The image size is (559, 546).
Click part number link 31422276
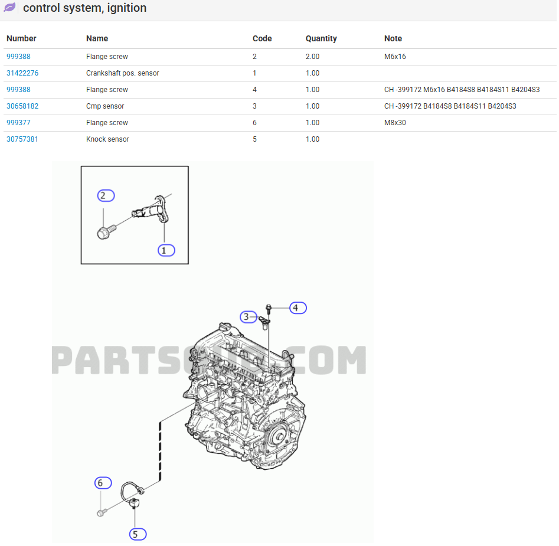[x=22, y=73]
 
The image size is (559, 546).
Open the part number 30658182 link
[x=22, y=106]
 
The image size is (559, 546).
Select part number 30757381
[x=22, y=139]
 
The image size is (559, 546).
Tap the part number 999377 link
[x=18, y=123]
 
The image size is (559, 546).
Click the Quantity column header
[x=321, y=38]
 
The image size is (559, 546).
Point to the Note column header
[x=393, y=38]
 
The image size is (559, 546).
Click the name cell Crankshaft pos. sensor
[x=122, y=73]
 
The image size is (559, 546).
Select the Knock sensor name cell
[x=107, y=139]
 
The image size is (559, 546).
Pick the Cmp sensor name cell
[x=105, y=106]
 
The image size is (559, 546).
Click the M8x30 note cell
[x=395, y=123]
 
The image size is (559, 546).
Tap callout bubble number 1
[x=166, y=250]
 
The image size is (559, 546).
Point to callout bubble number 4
[x=298, y=308]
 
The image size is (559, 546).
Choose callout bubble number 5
[x=137, y=534]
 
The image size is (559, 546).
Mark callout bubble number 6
[x=103, y=483]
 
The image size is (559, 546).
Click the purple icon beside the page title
[x=10, y=8]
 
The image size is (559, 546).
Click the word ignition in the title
[x=124, y=8]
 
